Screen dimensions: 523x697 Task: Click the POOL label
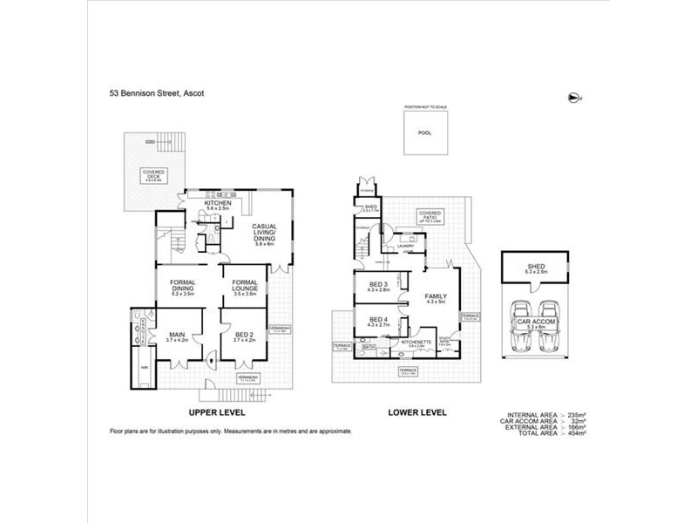(423, 133)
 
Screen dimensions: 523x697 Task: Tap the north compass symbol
(572, 96)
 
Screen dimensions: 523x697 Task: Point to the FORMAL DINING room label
(181, 288)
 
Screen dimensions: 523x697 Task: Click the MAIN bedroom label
(177, 337)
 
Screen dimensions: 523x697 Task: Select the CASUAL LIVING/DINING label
(265, 234)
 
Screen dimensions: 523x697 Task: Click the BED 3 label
(380, 289)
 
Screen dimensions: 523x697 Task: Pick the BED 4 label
(379, 323)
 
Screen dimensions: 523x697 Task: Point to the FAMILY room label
(435, 300)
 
